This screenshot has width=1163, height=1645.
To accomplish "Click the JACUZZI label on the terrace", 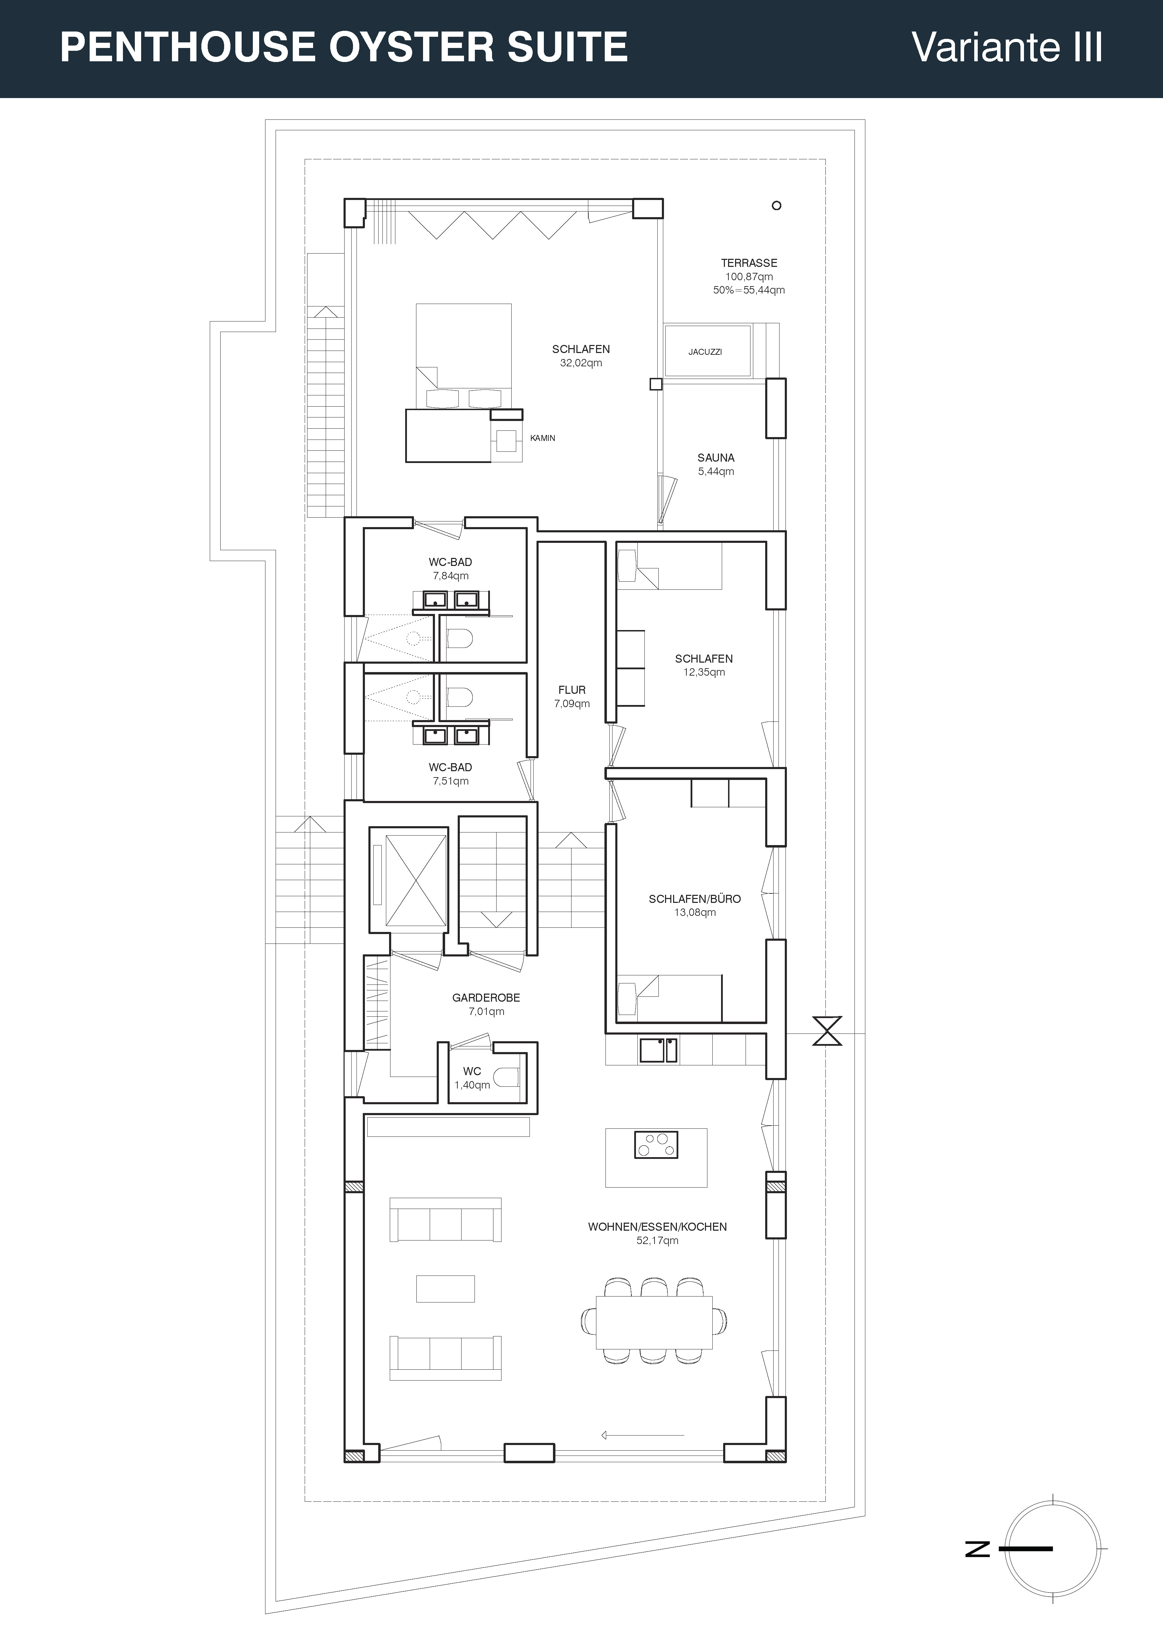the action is click(x=705, y=352).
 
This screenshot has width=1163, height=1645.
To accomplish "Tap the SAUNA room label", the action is click(x=716, y=457).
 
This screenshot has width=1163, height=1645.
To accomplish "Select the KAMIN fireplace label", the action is click(x=542, y=438).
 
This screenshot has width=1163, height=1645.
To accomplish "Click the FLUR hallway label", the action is click(x=572, y=690).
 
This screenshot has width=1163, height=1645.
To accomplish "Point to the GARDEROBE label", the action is click(x=486, y=997).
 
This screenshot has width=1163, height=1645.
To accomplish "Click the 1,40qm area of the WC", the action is click(x=472, y=1085).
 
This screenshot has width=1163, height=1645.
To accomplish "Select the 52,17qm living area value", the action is click(x=657, y=1240).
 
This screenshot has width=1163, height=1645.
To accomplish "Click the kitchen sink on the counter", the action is click(x=658, y=1050).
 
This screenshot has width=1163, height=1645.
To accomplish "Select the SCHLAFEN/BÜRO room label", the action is click(x=694, y=898).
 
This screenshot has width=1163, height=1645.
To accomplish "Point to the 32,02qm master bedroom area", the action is click(x=581, y=362).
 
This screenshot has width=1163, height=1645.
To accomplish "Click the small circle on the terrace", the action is click(x=776, y=206).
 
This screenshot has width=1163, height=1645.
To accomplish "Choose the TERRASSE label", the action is click(x=749, y=263).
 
